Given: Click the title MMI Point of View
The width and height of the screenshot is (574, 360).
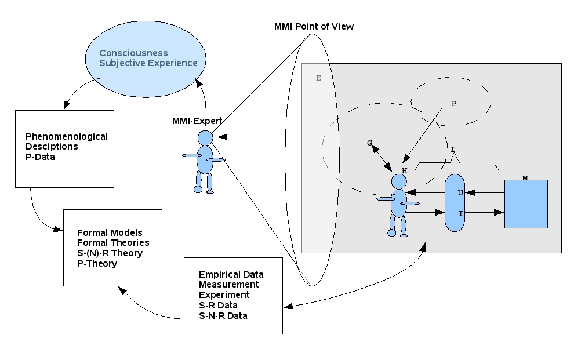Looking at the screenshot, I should pos(314,27).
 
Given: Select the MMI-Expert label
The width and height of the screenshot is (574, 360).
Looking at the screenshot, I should pos(197,121).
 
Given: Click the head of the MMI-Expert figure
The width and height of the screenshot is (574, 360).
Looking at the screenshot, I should pos(205,138).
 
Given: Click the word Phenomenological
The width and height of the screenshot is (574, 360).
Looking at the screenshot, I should pos(67,137).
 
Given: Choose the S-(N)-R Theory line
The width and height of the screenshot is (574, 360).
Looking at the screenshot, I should pos(110,253).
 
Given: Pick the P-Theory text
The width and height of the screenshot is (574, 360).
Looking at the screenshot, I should pos(97,264).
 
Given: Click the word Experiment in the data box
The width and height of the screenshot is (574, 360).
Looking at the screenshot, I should pos(224,294).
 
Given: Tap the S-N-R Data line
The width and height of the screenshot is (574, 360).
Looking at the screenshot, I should pos(223,315).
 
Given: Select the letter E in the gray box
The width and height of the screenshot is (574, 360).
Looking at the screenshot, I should pos(318,78).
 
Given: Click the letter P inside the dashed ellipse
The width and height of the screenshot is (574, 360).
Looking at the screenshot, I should pos(453,104).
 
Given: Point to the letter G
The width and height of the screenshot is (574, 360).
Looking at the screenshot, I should pos(370,143).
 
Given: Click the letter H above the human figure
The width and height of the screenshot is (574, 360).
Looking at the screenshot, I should pos(404,170).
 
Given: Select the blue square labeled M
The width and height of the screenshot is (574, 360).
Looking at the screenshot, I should pos(526,204).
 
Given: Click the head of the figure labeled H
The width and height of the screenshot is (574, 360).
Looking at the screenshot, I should pos(399,181).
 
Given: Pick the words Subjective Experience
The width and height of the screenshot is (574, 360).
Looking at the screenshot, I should pos(148,63).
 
